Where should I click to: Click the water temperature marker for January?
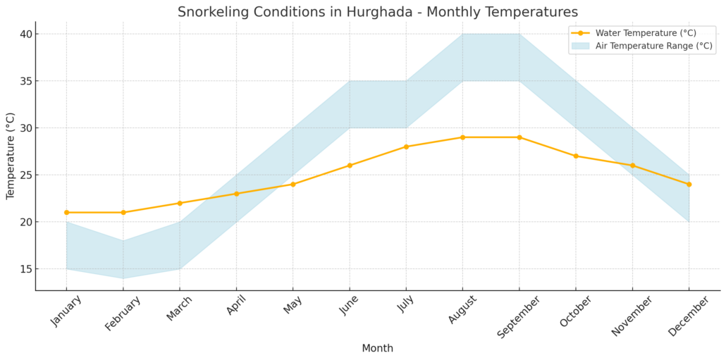click(66, 212)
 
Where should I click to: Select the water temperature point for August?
click(462, 137)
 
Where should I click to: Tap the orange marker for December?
click(689, 184)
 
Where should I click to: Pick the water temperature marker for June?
click(350, 166)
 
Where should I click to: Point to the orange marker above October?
click(576, 156)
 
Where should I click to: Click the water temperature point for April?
click(236, 194)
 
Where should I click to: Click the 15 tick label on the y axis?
click(25, 269)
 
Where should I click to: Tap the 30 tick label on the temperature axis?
click(25, 128)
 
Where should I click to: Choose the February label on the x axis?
click(123, 313)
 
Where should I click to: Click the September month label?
click(518, 316)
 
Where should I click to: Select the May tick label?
click(293, 307)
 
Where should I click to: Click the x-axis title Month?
click(377, 349)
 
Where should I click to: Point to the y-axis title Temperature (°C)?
click(11, 156)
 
